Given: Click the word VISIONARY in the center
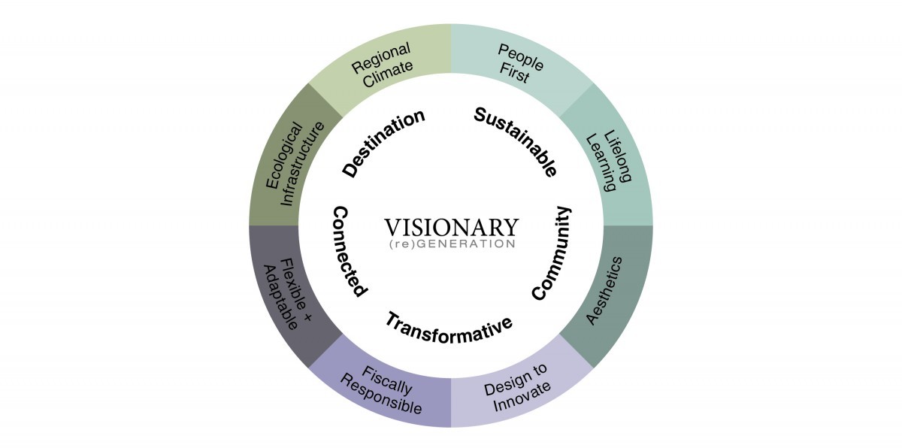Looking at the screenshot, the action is tap(452, 228).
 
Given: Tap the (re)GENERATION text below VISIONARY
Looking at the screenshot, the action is tap(453, 244).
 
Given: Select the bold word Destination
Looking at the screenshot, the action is tap(384, 143).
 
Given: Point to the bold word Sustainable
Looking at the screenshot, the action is tap(516, 141).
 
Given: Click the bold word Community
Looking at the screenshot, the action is tap(552, 253).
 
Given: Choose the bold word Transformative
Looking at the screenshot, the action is tap(449, 328).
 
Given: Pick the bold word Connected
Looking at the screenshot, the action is tap(350, 252).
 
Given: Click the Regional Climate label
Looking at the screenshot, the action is tap(382, 65).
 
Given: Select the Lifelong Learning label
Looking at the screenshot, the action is tap(608, 161).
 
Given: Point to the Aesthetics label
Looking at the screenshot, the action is tap(604, 291).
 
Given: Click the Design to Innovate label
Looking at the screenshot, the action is tap(517, 387).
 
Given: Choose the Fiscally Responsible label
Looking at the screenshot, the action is tap(381, 389).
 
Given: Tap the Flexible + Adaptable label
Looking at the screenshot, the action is tap(287, 294).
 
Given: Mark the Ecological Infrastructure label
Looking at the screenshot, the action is tap(295, 164).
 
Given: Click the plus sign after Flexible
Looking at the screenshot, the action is tap(307, 317).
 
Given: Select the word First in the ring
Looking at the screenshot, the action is tap(514, 74).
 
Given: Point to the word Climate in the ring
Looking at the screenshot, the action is tap(388, 74).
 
